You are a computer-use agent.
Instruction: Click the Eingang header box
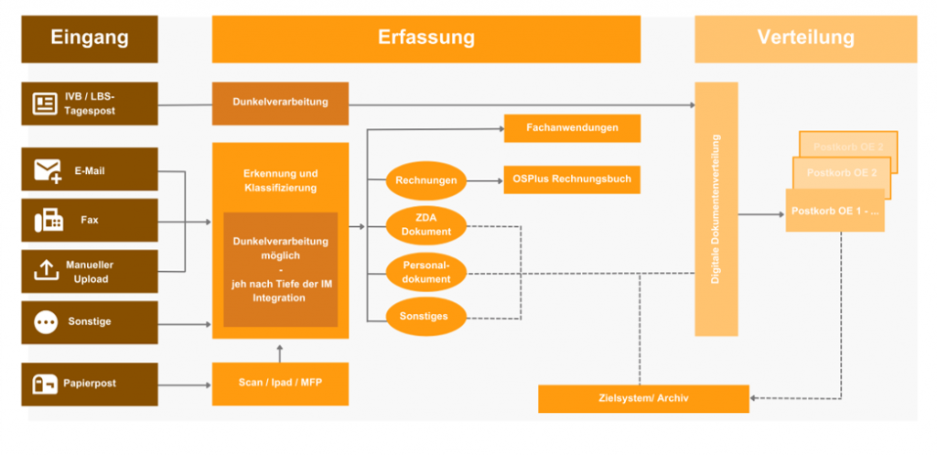[90, 38]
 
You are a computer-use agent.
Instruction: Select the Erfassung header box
[425, 38]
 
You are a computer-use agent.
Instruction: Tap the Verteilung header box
[805, 38]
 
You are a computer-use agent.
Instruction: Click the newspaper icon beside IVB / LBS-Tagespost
[45, 103]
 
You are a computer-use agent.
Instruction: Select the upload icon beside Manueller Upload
[46, 270]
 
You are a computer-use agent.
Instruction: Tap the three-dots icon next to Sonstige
[46, 322]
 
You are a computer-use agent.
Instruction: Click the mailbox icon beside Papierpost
[46, 384]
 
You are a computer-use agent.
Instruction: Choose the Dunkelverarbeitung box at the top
[280, 103]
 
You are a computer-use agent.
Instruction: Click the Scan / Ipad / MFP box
[280, 384]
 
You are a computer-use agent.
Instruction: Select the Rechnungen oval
[426, 180]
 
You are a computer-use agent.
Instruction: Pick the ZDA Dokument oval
[426, 225]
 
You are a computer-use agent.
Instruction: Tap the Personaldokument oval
[426, 271]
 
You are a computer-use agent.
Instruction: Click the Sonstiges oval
[426, 316]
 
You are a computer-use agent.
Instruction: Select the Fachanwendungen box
[572, 128]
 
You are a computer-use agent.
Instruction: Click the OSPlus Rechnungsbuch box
[572, 179]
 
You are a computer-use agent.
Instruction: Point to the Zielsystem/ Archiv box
[643, 398]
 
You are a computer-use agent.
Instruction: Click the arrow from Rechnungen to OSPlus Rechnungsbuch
[485, 180]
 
